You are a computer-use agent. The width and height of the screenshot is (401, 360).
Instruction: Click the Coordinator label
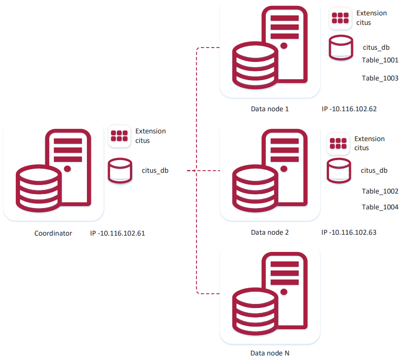53,234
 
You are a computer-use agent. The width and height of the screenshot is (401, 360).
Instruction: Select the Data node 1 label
270,109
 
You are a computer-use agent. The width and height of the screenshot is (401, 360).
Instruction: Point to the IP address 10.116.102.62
349,109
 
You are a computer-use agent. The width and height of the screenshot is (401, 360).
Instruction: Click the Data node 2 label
270,232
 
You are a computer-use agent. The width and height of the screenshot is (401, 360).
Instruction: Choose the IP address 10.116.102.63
348,232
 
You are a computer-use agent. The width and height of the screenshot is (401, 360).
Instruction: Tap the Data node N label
270,352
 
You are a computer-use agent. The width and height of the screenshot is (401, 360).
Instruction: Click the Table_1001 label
380,60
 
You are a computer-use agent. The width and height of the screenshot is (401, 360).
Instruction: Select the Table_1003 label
380,78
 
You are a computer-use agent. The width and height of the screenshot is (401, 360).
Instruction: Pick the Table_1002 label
380,191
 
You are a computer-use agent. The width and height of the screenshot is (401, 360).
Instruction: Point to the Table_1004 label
380,207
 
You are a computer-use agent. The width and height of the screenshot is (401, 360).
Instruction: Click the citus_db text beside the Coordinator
155,171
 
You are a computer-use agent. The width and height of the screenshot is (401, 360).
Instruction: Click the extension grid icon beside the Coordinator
119,136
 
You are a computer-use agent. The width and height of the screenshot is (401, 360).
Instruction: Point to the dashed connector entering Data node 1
208,47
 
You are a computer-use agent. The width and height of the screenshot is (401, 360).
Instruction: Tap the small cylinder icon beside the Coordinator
120,171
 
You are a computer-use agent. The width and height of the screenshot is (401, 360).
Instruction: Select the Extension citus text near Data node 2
369,143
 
